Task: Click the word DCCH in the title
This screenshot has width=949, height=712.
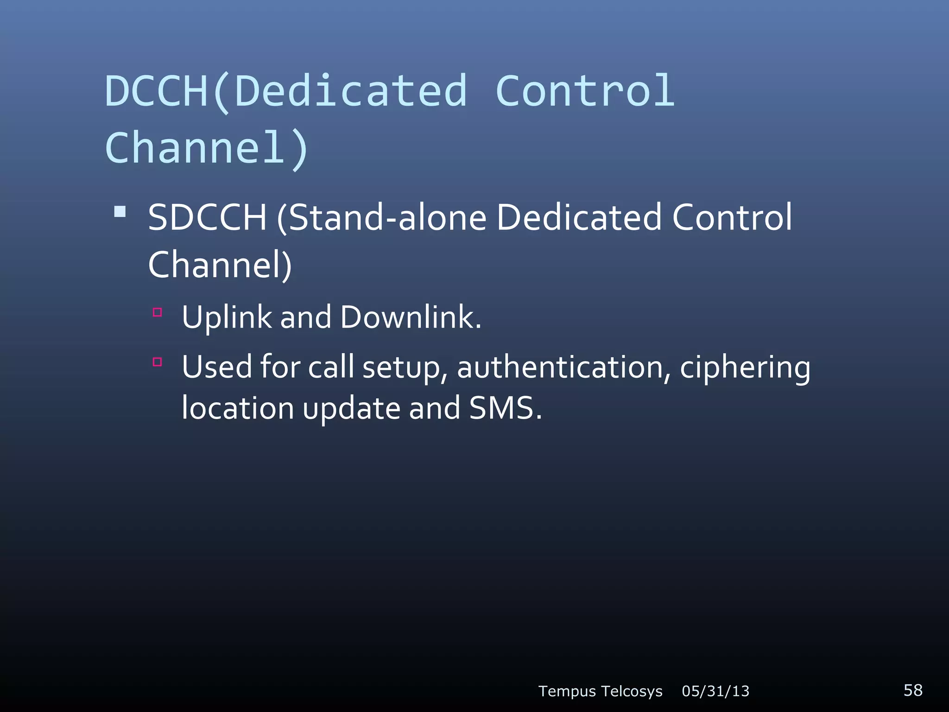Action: (156, 91)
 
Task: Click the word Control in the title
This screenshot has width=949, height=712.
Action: (585, 91)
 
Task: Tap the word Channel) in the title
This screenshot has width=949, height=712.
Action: (207, 148)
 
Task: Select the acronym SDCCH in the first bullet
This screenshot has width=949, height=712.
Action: (207, 217)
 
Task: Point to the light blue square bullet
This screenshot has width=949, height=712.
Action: (120, 212)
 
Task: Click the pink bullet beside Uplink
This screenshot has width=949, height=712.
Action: (158, 312)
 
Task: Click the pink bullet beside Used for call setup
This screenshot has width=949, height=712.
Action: (158, 362)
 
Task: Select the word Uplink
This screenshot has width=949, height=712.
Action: (227, 318)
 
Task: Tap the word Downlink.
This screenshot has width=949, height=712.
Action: (411, 318)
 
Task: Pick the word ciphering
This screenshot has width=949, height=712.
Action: (745, 367)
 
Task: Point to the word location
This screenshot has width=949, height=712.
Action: (237, 408)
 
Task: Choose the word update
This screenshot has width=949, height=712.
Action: (352, 409)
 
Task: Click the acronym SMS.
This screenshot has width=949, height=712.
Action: (505, 408)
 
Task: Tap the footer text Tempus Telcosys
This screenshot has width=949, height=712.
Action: (600, 691)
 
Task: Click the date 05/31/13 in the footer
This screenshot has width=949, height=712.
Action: (715, 691)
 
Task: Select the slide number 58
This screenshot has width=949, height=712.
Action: (913, 690)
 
